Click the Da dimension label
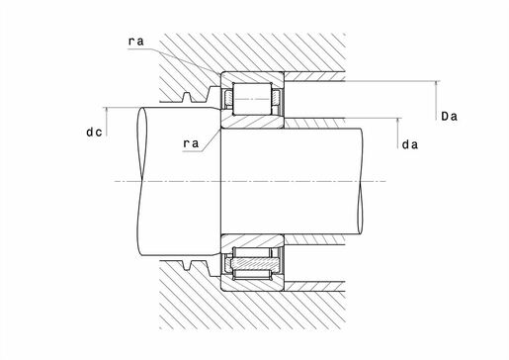click(449, 117)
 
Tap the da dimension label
click(410, 144)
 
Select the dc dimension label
click(94, 133)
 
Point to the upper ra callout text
click(136, 42)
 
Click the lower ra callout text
click(191, 143)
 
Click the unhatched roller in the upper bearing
click(252, 99)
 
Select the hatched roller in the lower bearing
click(255, 263)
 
